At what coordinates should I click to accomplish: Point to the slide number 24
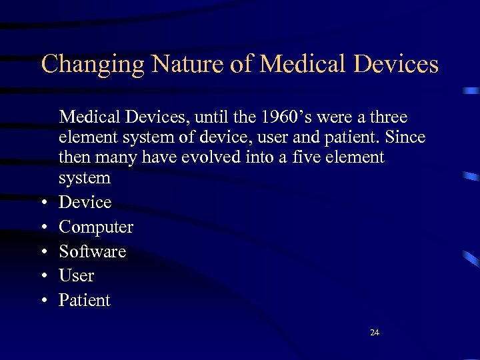point(375,332)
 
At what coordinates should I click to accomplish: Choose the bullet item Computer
point(96,227)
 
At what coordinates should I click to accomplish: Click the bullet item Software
point(92,251)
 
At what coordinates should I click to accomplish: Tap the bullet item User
point(76,275)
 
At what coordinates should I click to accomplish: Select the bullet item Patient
point(84,300)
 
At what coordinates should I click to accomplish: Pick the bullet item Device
point(85,202)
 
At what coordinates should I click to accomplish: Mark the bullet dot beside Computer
point(43,228)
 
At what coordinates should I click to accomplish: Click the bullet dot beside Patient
point(43,301)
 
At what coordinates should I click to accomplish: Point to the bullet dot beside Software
point(43,252)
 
